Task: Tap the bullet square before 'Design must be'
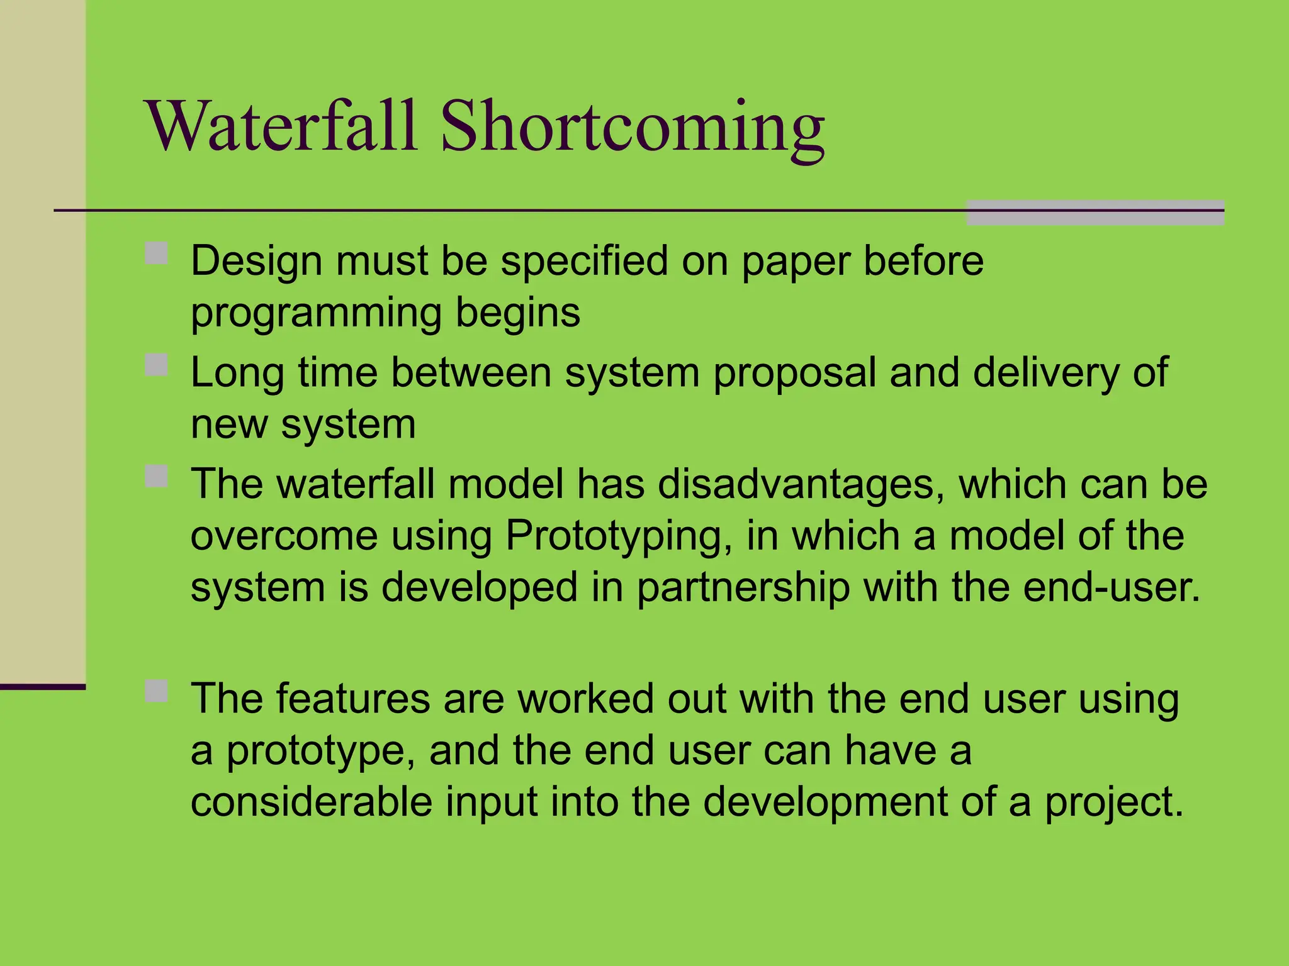point(156,253)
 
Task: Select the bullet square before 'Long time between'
point(156,365)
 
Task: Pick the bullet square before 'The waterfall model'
point(156,476)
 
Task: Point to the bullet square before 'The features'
point(156,691)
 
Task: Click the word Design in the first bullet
point(256,261)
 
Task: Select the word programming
point(316,313)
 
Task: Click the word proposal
point(794,373)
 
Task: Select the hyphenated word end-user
point(1112,587)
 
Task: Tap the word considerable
point(312,802)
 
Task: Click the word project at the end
point(1113,803)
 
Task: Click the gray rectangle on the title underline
point(1095,213)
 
